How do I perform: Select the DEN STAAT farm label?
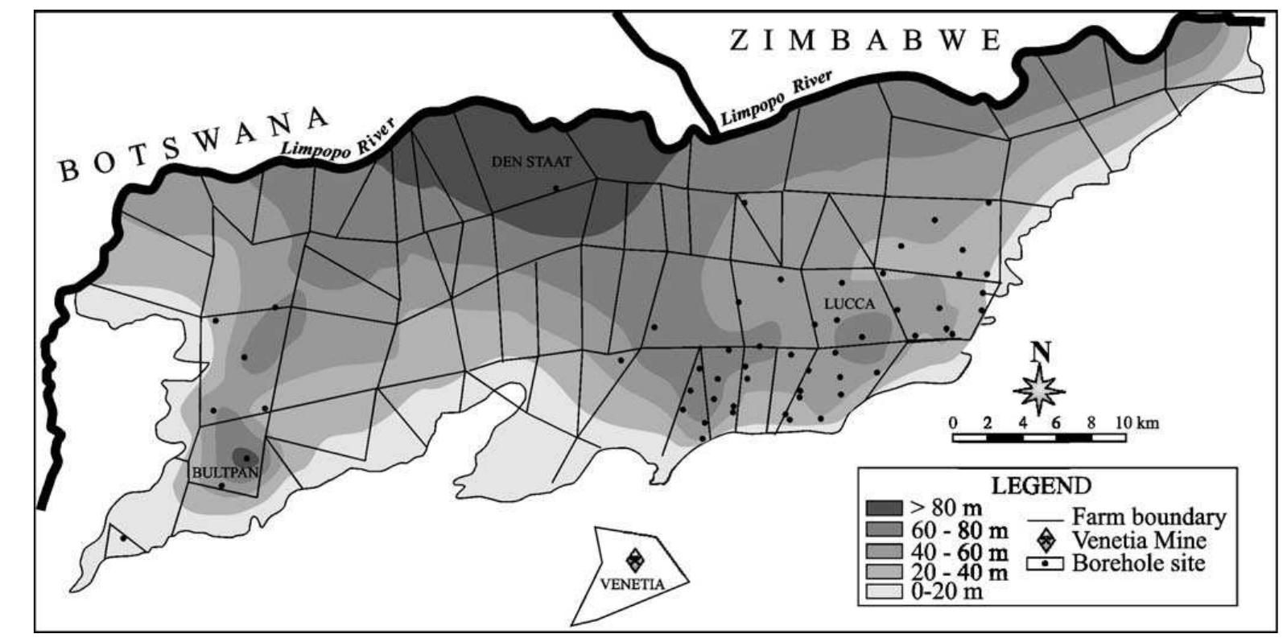(x=531, y=162)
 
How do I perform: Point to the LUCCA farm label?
(x=849, y=304)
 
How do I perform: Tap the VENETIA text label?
(x=633, y=584)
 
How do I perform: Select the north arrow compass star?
(x=1040, y=390)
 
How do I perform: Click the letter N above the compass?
(x=1041, y=352)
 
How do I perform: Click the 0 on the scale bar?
(x=953, y=422)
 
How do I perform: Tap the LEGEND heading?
(x=1042, y=486)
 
